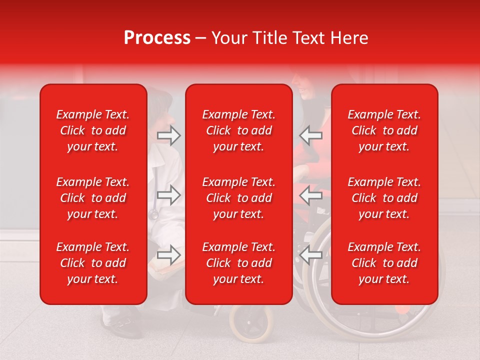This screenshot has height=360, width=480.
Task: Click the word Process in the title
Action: pyautogui.click(x=157, y=38)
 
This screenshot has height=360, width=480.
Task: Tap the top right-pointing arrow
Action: pyautogui.click(x=169, y=135)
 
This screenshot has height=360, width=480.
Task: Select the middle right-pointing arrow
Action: pyautogui.click(x=169, y=195)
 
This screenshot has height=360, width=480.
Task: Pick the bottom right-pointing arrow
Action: pyautogui.click(x=169, y=255)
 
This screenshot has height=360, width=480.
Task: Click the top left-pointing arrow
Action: pyautogui.click(x=311, y=135)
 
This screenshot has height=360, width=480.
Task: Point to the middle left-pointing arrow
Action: pyautogui.click(x=311, y=195)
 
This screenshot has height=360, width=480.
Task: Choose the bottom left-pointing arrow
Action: pyautogui.click(x=311, y=255)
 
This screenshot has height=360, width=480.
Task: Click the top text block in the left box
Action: pyautogui.click(x=93, y=130)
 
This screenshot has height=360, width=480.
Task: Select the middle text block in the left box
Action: pyautogui.click(x=93, y=198)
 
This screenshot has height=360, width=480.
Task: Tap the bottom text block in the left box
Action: pyautogui.click(x=93, y=263)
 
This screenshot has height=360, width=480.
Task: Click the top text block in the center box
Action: pyautogui.click(x=239, y=130)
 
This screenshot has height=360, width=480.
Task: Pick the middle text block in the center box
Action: pyautogui.click(x=239, y=198)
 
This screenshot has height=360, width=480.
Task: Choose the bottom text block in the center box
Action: pyautogui.click(x=239, y=263)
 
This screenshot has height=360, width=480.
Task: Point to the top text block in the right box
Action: pyautogui.click(x=384, y=130)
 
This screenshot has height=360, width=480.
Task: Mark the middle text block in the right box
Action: pyautogui.click(x=384, y=198)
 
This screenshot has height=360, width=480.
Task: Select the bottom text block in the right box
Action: pyautogui.click(x=384, y=263)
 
